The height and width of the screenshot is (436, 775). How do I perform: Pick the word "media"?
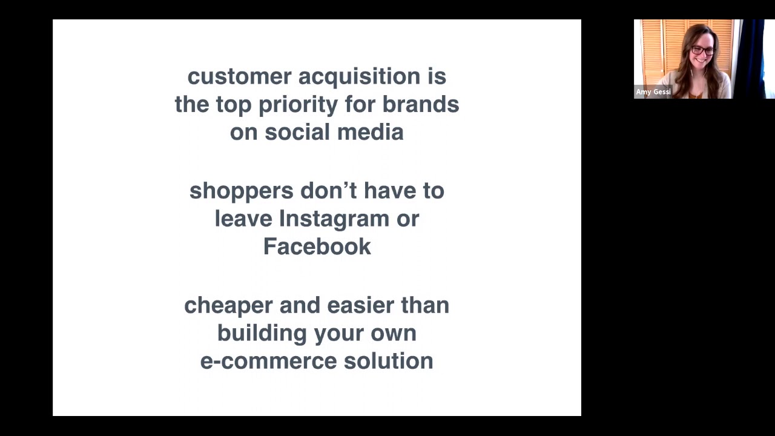click(370, 133)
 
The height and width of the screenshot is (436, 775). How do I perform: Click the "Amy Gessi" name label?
click(653, 92)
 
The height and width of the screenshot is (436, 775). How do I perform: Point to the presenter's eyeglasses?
click(703, 51)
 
